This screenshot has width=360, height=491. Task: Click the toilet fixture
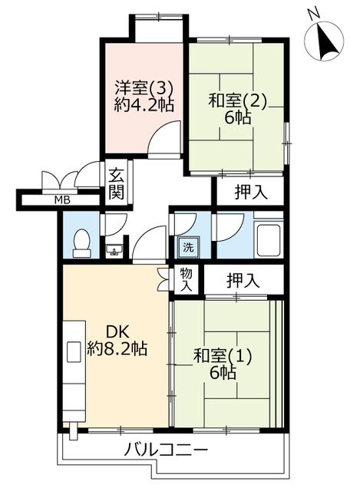(82, 243)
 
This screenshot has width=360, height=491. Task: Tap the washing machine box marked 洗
(189, 247)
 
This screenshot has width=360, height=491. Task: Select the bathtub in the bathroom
(269, 240)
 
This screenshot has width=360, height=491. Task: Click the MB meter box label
(62, 200)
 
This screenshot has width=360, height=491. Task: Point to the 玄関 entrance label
(117, 184)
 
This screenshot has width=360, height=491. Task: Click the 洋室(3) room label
(144, 88)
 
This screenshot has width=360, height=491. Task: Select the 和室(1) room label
(223, 356)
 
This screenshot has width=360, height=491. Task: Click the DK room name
(117, 332)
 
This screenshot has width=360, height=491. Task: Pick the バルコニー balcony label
(166, 451)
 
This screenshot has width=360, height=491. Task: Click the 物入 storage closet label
(186, 280)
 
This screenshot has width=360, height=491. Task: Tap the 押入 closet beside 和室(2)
(251, 192)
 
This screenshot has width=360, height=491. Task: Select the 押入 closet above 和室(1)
(243, 280)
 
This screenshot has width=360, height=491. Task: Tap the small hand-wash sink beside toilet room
(114, 251)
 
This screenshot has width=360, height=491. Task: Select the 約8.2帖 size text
(117, 348)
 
